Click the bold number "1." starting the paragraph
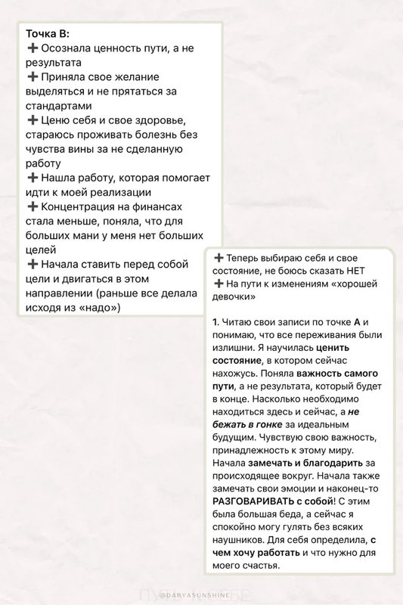(x=216, y=322)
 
